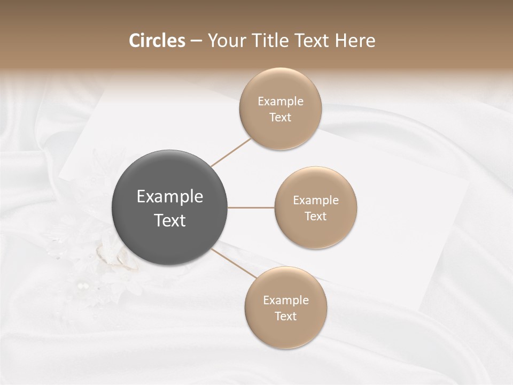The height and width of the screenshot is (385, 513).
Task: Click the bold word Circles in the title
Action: [x=157, y=41]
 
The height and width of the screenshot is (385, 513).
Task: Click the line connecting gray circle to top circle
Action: [x=231, y=153]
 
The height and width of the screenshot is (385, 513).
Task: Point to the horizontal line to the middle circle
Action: [x=251, y=207]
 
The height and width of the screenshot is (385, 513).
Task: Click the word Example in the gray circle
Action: [x=170, y=197]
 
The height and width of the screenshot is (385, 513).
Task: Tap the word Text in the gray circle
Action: [x=170, y=220]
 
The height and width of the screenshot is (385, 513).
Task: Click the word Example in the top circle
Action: [x=281, y=102]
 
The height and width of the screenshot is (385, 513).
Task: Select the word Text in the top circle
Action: [x=281, y=118]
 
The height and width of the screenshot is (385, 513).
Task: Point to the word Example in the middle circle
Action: [x=316, y=201]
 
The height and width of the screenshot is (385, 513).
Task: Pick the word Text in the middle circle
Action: [x=316, y=217]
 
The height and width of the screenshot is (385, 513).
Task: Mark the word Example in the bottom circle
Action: [x=286, y=301]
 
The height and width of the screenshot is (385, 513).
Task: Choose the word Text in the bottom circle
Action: [x=286, y=317]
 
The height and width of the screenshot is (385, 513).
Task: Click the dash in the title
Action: [x=196, y=41]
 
